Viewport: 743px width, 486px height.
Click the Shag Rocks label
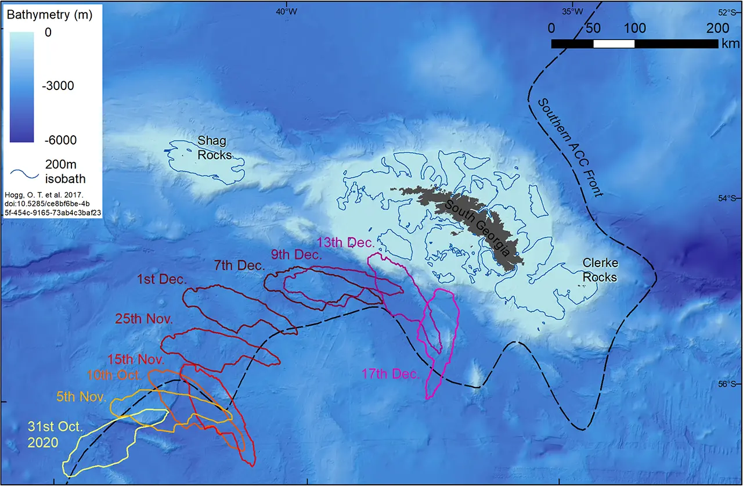[214, 148]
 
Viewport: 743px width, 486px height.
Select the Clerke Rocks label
[599, 270]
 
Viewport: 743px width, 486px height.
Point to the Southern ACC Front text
[570, 146]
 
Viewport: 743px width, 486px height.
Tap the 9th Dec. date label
[295, 254]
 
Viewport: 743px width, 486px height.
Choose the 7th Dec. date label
[239, 266]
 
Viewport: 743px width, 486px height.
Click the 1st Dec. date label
[161, 279]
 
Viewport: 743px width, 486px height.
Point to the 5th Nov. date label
[81, 398]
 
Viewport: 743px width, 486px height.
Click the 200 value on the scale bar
[717, 28]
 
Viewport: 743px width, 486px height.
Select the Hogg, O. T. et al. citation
[53, 204]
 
